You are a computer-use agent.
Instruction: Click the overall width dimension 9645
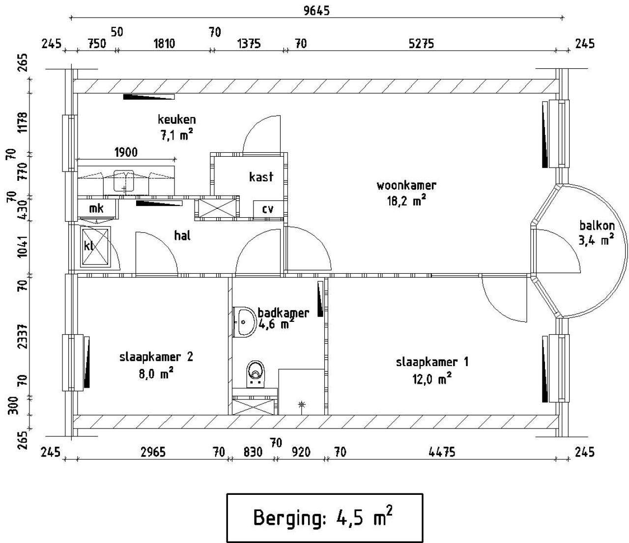(316, 11)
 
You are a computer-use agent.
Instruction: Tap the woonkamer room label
(406, 185)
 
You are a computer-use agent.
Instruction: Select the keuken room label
(176, 119)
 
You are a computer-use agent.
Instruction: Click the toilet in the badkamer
(256, 374)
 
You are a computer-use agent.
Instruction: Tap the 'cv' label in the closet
(268, 209)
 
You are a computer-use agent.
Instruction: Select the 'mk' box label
(96, 209)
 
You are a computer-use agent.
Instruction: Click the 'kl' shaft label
(88, 246)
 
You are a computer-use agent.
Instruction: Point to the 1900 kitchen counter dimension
(126, 152)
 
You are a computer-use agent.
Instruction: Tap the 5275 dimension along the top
(421, 44)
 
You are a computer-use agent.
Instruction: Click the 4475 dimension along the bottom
(442, 452)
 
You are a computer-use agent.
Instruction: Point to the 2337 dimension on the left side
(23, 336)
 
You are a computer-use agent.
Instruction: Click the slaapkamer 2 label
(156, 357)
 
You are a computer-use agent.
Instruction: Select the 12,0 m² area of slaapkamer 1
(431, 379)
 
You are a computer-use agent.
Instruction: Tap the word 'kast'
(261, 176)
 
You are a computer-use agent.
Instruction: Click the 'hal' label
(182, 235)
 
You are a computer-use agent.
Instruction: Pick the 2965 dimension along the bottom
(153, 452)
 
